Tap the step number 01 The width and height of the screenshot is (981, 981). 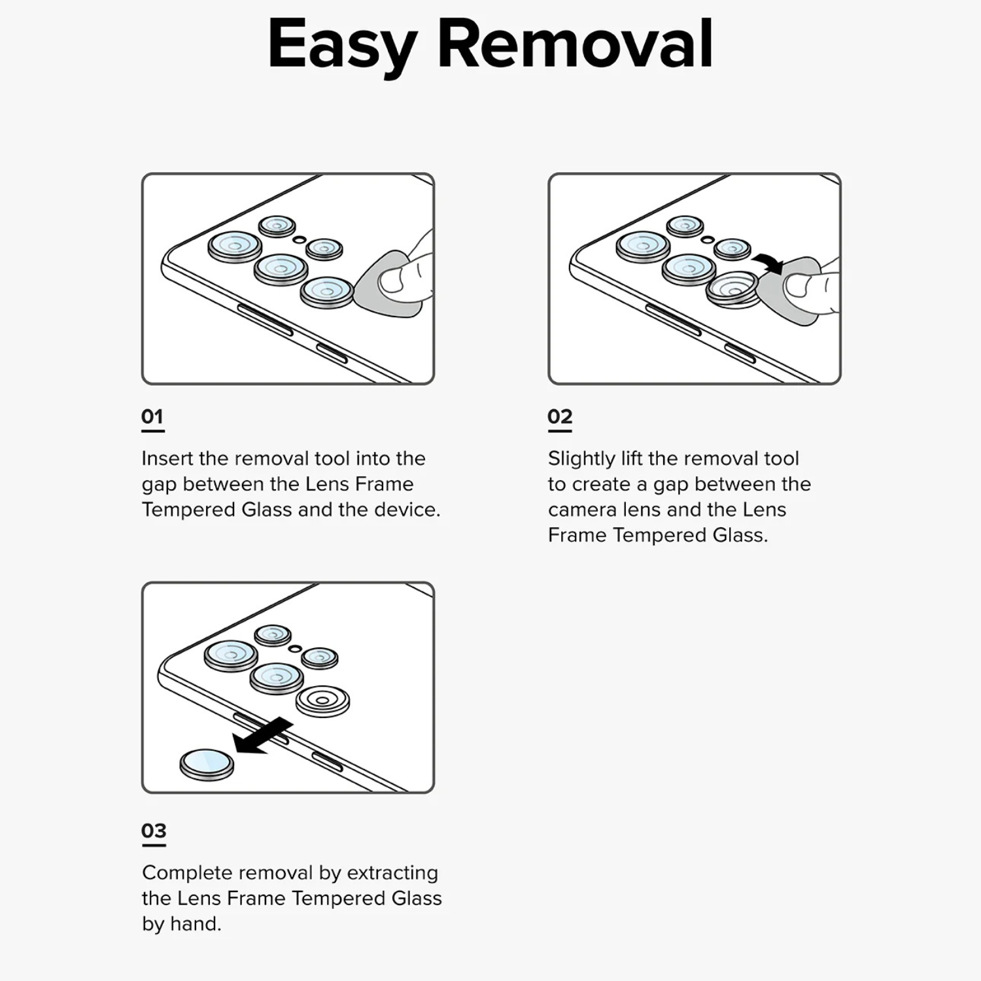click(152, 417)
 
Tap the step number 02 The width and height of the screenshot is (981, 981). click(560, 417)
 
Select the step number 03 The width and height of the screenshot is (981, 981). click(154, 831)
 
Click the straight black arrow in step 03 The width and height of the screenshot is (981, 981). click(262, 736)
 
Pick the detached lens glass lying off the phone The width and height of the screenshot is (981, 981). click(207, 764)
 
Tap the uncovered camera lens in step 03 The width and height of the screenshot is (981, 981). click(322, 701)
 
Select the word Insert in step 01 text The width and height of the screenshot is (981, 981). click(167, 458)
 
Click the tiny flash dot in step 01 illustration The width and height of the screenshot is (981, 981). click(299, 240)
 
